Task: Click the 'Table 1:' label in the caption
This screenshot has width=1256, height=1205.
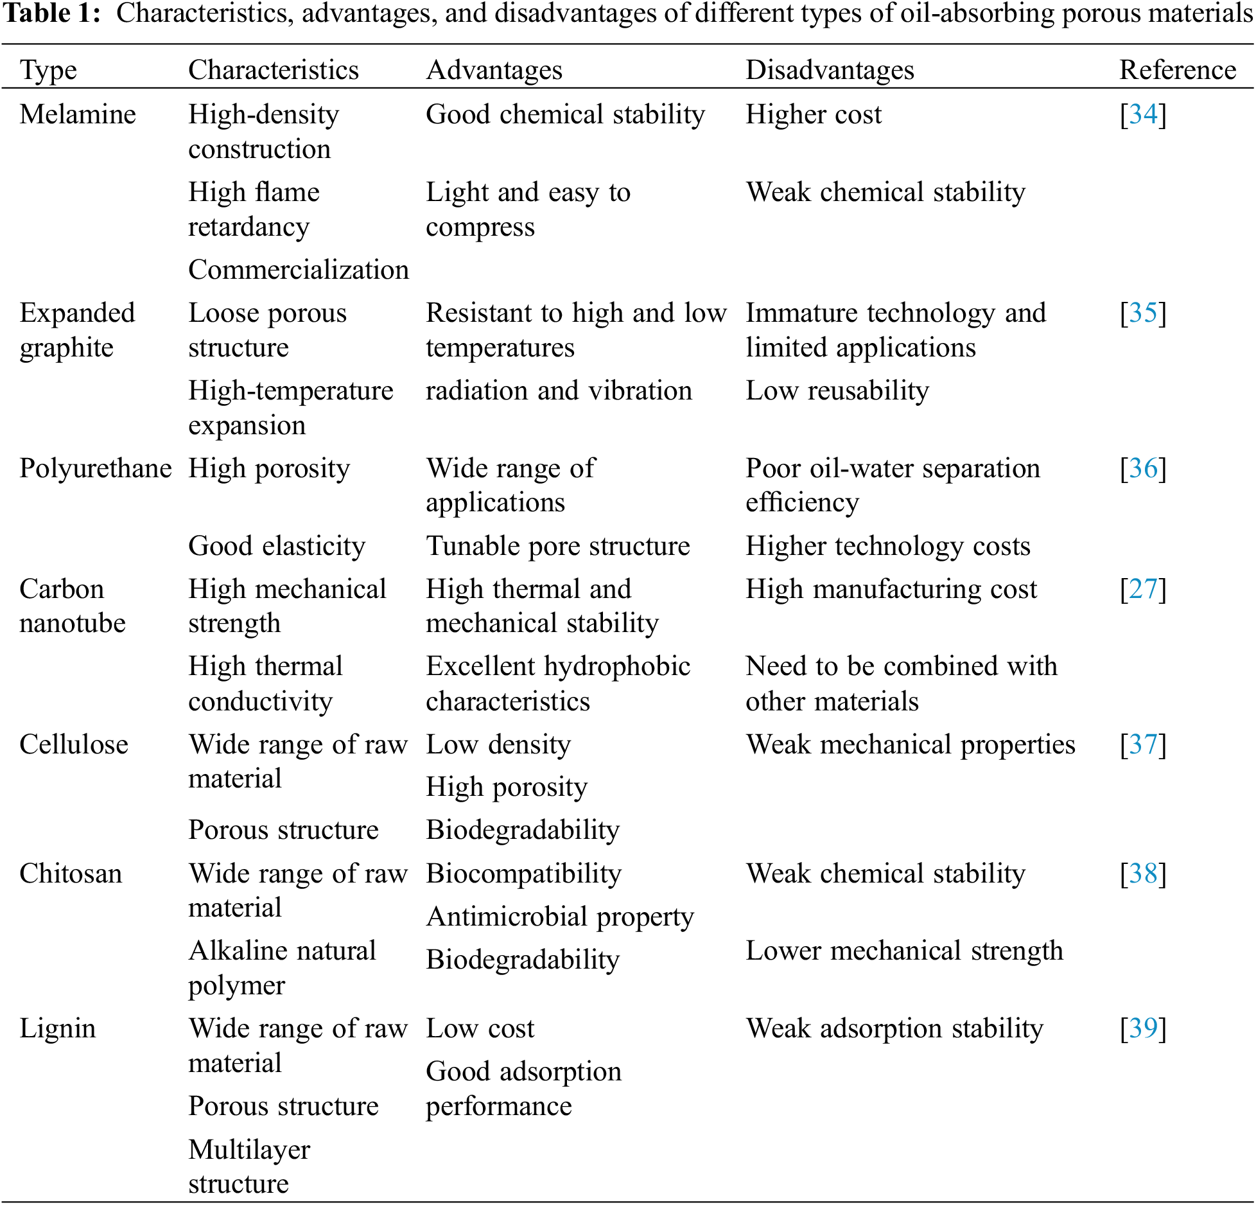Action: [x=52, y=13]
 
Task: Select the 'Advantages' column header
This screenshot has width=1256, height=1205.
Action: [x=494, y=70]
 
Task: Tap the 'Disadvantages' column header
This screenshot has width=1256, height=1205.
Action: [x=829, y=70]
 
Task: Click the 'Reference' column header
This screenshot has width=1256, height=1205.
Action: [x=1177, y=70]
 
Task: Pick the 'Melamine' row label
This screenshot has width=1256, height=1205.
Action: [x=78, y=114]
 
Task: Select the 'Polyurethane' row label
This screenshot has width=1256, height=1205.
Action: [x=95, y=468]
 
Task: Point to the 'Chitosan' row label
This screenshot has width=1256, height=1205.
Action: [x=71, y=874]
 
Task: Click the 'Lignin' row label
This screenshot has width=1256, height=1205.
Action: [x=57, y=1028]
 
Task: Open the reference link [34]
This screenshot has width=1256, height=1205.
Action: [x=1143, y=114]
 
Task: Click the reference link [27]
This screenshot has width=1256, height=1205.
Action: [x=1143, y=589]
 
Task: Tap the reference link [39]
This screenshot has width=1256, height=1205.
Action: [x=1143, y=1028]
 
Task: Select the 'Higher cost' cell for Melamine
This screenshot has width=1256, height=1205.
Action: [x=814, y=114]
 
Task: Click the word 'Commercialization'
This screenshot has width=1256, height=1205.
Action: [x=299, y=270]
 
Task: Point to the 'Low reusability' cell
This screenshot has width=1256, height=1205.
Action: [x=837, y=391]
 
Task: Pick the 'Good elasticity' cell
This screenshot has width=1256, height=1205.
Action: [x=277, y=546]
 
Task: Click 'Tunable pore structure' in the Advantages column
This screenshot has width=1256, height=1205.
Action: [x=557, y=546]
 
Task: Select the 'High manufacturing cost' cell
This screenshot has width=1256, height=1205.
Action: [x=891, y=589]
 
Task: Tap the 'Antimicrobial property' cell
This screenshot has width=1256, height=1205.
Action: [x=560, y=917]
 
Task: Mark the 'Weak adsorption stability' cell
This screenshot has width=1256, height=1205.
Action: [x=894, y=1028]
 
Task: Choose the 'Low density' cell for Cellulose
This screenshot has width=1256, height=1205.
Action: [x=498, y=744]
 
